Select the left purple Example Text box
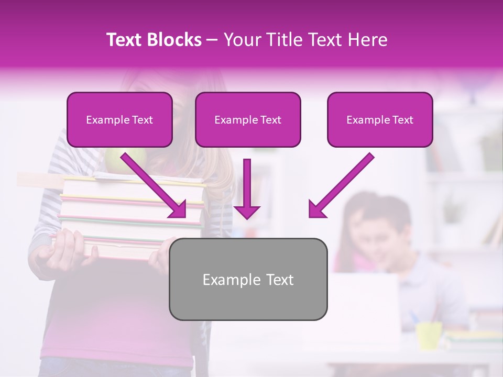click(119, 120)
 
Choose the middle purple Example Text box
click(248, 120)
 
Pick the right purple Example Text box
click(380, 120)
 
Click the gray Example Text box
click(248, 279)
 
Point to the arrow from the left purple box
click(155, 186)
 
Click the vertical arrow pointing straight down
click(247, 188)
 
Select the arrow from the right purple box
click(341, 186)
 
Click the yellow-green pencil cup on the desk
click(429, 335)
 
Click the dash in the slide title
click(212, 40)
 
